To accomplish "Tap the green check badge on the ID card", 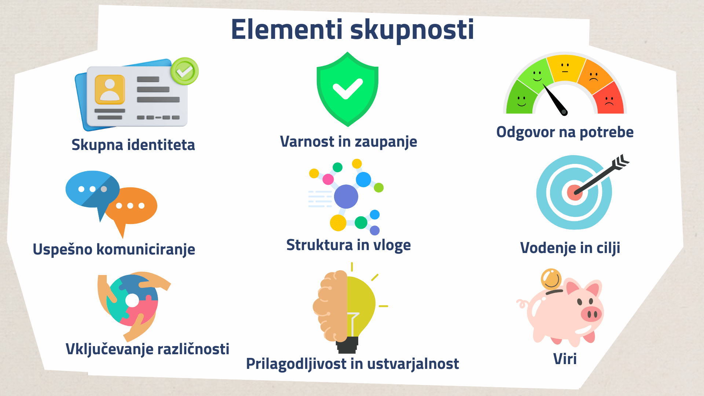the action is [x=184, y=71].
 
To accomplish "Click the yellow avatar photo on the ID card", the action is [x=110, y=89].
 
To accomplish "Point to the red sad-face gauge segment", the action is [x=609, y=99].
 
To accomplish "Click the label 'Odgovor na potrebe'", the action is [x=565, y=132].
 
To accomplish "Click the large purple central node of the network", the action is [x=346, y=197].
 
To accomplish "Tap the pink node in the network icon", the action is [x=328, y=179].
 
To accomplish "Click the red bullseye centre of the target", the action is [x=575, y=192].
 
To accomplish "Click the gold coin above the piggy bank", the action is [x=551, y=279].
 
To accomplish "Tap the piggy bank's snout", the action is [x=591, y=314].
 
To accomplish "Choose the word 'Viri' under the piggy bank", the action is [x=565, y=359].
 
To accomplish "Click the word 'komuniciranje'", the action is [x=146, y=249].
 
